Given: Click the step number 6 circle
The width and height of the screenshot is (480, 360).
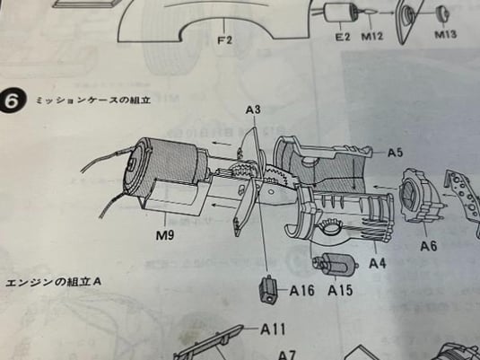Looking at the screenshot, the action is tap(12, 101).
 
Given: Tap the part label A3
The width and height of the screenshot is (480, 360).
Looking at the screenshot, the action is tap(253, 110).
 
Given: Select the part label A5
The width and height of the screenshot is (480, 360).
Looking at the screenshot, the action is tap(395, 153).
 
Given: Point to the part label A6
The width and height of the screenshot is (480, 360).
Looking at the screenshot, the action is tap(429, 246).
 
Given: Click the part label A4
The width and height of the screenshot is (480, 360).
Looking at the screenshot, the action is tap(378, 263).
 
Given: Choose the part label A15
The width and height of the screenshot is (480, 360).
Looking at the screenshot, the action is tap(340, 290).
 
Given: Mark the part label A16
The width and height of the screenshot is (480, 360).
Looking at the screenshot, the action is tap(301, 291).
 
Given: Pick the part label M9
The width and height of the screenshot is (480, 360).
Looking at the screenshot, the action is tap(165, 235).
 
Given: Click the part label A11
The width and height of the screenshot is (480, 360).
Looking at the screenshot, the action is tap(273, 329).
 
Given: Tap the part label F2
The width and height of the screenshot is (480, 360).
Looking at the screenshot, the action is tap(225, 40).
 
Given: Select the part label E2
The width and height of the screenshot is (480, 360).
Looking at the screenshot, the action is tap(343, 37).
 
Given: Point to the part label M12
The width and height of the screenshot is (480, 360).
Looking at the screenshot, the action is tap(372, 36).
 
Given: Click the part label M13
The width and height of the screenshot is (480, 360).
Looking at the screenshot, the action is tap(446, 34).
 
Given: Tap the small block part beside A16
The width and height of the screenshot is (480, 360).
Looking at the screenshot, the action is tap(268, 289).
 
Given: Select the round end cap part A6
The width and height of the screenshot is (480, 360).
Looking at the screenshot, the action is tap(421, 195).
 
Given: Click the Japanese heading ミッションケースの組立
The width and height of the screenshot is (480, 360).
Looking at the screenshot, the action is tap(93, 101).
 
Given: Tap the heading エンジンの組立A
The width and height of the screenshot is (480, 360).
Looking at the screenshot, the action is tap(53, 282).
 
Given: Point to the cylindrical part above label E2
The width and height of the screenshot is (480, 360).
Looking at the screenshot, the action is tap(336, 13).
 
